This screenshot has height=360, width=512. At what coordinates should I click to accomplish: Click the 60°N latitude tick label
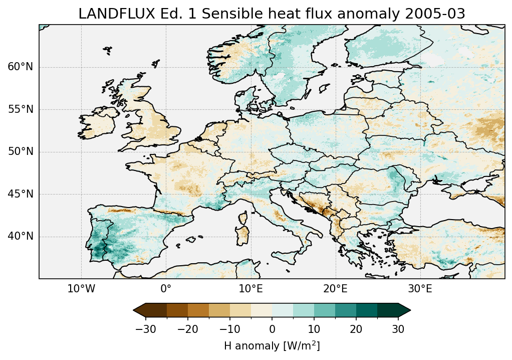(x=20, y=67)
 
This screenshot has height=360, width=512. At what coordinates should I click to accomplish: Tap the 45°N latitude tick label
(x=20, y=194)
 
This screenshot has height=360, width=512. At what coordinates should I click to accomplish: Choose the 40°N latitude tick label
(x=20, y=236)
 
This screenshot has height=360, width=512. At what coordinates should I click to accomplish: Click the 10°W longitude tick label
(x=81, y=289)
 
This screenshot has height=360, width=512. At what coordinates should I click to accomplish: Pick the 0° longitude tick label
(x=166, y=289)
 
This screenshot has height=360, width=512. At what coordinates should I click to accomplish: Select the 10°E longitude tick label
(x=250, y=289)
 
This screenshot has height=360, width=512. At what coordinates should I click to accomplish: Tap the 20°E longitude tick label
(x=335, y=289)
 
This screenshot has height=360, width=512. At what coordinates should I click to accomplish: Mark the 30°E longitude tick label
(x=420, y=289)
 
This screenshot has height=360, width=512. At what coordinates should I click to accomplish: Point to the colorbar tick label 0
(x=272, y=329)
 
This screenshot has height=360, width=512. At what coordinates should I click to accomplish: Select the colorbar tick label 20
(x=356, y=329)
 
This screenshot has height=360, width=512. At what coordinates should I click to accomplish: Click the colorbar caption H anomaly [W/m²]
(x=272, y=346)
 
